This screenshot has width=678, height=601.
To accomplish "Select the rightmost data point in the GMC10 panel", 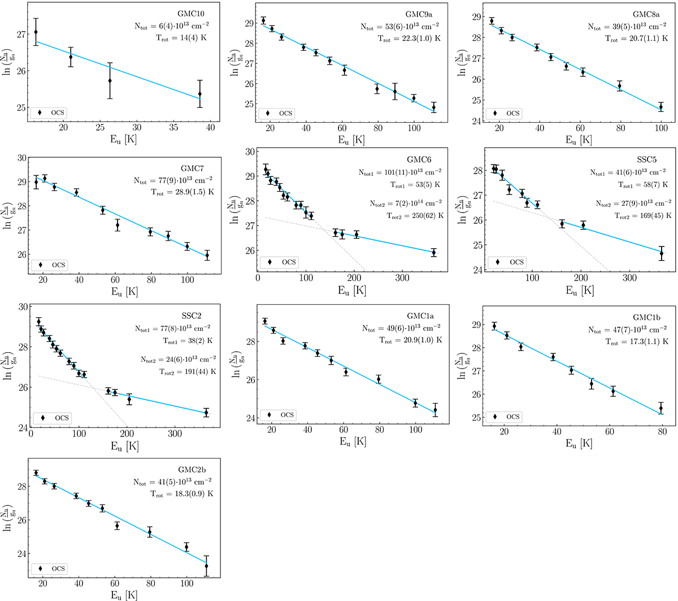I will [x=200, y=94].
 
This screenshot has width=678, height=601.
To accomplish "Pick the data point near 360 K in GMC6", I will [x=433, y=253].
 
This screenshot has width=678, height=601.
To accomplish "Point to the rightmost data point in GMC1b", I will [x=661, y=409].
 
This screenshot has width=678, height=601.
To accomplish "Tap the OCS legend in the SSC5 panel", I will [x=510, y=262].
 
